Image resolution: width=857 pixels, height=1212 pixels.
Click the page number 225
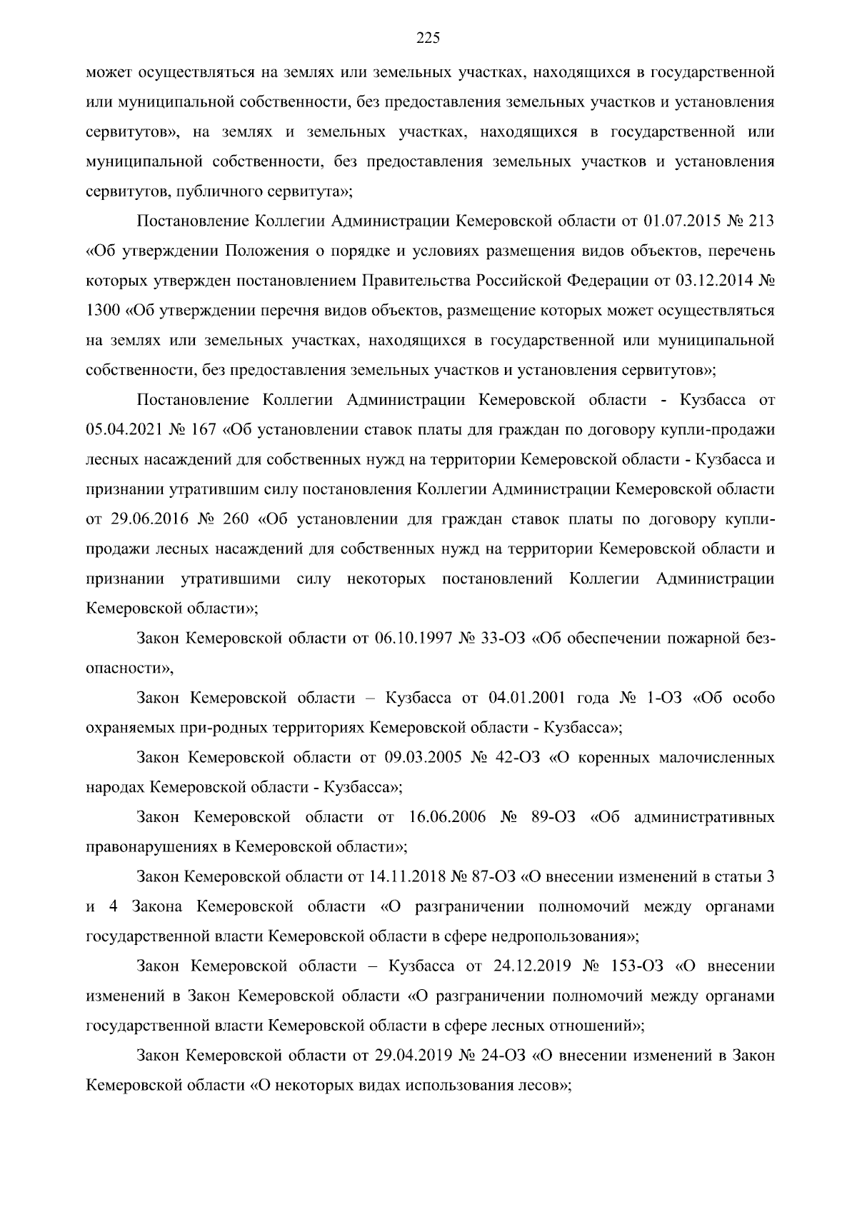428,39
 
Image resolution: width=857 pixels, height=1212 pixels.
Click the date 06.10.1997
412,638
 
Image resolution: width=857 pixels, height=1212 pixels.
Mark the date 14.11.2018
407,876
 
